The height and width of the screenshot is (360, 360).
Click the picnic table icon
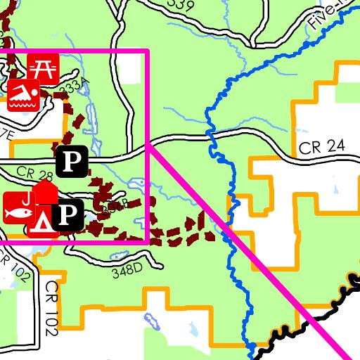click(44, 67)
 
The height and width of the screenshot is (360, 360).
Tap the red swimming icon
click(22, 95)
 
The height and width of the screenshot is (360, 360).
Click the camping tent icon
click(43, 218)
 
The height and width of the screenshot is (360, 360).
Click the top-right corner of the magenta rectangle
click(148, 51)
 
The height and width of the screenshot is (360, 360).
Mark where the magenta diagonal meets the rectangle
click(148, 142)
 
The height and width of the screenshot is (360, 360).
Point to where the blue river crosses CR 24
click(210, 134)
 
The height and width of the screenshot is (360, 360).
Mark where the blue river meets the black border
click(252, 349)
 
